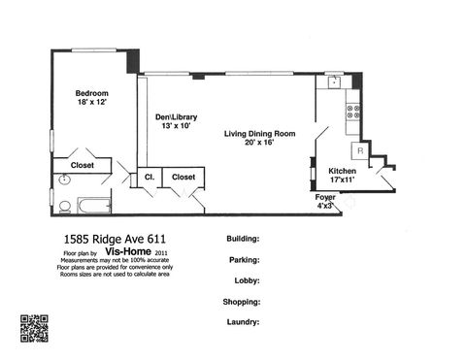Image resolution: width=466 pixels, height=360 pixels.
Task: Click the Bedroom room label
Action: click(x=92, y=93)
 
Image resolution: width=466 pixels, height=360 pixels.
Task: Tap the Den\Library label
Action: click(x=176, y=117)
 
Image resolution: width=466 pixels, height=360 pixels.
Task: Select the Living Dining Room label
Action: click(x=260, y=134)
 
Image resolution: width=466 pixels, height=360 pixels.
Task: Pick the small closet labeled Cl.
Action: click(x=150, y=177)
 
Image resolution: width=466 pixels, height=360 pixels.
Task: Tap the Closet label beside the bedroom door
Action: click(x=83, y=165)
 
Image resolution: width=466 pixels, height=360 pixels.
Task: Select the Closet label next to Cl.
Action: click(x=183, y=177)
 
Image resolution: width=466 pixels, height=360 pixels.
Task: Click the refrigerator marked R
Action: click(x=359, y=150)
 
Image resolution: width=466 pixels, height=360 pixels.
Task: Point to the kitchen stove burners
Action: click(x=354, y=112)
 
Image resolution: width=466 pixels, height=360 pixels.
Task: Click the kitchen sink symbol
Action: click(x=334, y=82)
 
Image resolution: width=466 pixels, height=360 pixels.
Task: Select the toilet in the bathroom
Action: click(x=62, y=206)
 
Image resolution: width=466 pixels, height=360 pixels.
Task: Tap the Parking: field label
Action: click(x=242, y=260)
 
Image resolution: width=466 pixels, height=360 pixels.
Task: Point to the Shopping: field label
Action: click(x=240, y=301)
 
